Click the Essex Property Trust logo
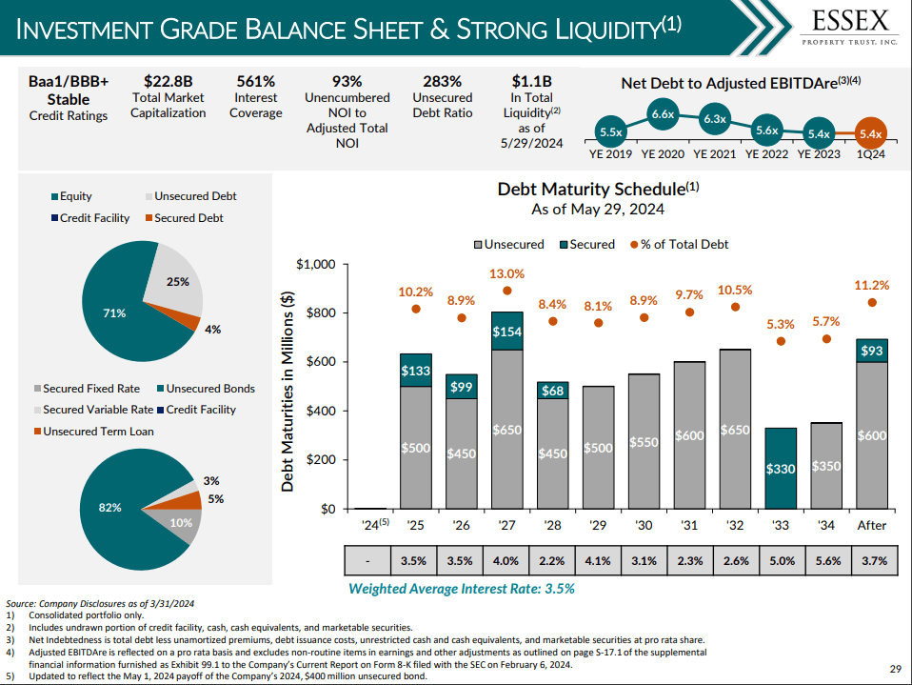[x=850, y=27]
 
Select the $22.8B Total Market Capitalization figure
[x=168, y=82]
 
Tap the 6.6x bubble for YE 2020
[x=663, y=114]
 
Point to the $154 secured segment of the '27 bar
[x=506, y=331]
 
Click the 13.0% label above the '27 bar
[x=506, y=274]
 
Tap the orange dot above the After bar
[x=872, y=303]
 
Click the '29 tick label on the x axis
[x=598, y=525]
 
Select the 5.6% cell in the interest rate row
[x=826, y=560]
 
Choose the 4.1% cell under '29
[x=598, y=560]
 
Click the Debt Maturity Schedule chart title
[x=598, y=189]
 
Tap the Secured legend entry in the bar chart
[x=585, y=244]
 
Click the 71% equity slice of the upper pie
[x=119, y=310]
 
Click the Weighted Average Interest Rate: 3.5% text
[x=461, y=588]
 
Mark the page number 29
[x=894, y=669]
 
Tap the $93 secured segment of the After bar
[x=872, y=351]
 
